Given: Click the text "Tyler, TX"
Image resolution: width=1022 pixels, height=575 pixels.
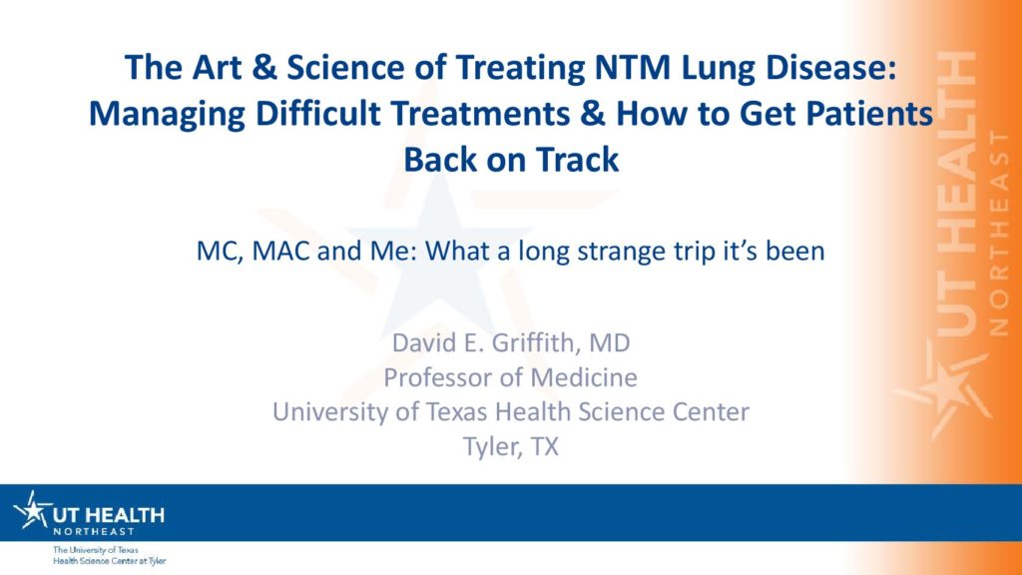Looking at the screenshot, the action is click(x=511, y=447).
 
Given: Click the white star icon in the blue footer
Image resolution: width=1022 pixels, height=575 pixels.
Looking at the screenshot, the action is click(x=32, y=510).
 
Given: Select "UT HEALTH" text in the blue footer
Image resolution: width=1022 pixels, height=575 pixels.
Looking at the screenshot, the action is click(x=109, y=516).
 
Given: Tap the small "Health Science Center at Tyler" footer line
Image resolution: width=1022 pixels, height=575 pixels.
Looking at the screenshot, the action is click(x=110, y=561).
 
